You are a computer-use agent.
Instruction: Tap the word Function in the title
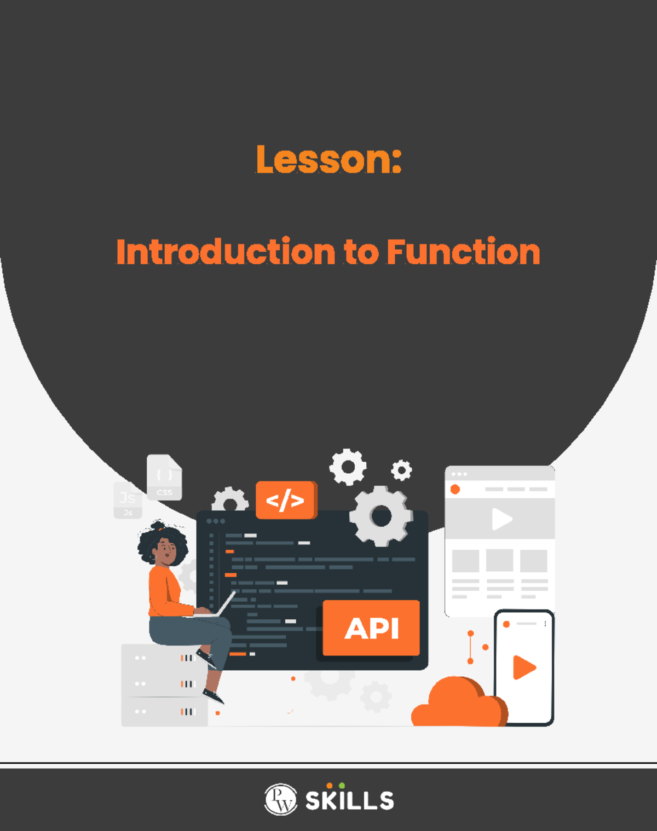(x=463, y=252)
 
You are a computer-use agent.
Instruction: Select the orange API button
(x=371, y=628)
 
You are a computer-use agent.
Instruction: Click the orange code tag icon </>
(x=285, y=500)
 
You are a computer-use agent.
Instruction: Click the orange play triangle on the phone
(x=523, y=667)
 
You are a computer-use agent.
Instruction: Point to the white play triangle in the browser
(x=501, y=519)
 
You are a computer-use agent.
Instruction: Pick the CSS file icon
(x=164, y=478)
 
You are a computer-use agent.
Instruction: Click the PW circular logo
(x=280, y=799)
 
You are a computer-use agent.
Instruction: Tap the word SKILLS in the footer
(x=349, y=801)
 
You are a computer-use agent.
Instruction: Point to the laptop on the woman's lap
(x=219, y=607)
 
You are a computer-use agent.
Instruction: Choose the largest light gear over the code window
(x=381, y=516)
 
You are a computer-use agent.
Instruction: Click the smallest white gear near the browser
(x=401, y=470)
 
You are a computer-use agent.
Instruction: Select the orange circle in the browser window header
(x=455, y=489)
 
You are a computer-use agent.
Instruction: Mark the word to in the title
(x=361, y=252)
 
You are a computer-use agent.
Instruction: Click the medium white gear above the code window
(x=348, y=467)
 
